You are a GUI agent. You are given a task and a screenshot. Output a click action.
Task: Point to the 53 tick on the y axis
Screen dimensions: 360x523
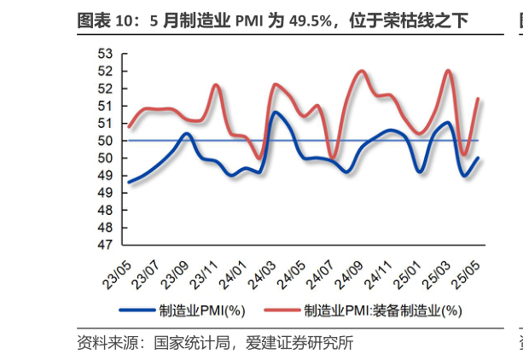click(106, 54)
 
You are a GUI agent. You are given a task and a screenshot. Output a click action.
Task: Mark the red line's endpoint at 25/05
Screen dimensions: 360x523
click(477, 99)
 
